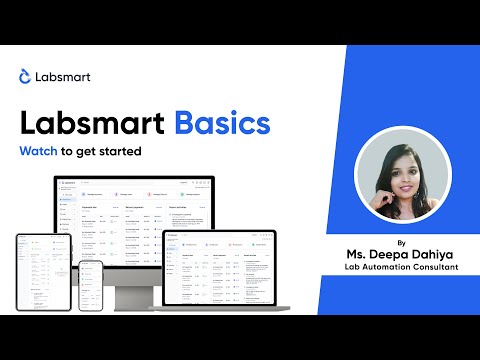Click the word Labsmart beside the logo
click(x=62, y=76)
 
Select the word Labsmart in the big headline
click(x=93, y=124)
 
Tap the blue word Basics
click(x=222, y=124)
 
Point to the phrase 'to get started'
click(x=104, y=153)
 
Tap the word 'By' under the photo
click(x=401, y=242)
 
